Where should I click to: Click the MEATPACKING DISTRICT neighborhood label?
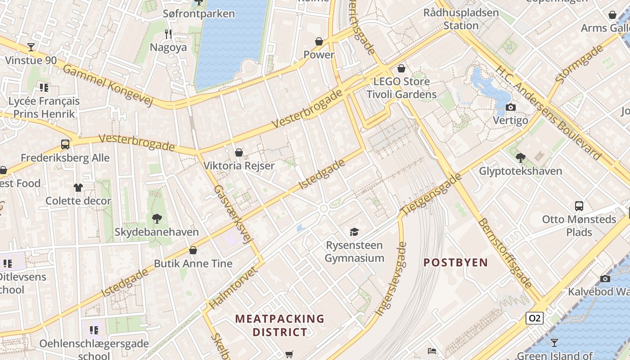(x=279, y=325)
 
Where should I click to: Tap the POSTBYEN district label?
(x=455, y=262)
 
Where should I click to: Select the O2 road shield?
(x=534, y=318)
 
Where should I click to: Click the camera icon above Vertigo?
(x=510, y=107)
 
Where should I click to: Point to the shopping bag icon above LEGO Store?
(x=401, y=68)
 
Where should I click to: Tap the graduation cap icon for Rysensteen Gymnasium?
(x=355, y=232)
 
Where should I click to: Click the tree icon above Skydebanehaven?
(x=157, y=219)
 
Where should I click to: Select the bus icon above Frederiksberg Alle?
(x=65, y=144)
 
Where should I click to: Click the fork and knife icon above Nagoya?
(x=168, y=34)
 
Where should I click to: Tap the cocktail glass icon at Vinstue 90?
(x=31, y=47)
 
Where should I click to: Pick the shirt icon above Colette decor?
(x=78, y=187)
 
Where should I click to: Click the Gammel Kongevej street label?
(x=108, y=85)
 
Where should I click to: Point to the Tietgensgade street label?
(x=432, y=193)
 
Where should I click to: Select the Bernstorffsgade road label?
(x=505, y=253)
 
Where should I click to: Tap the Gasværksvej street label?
(x=232, y=214)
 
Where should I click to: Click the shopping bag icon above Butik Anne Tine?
(x=193, y=250)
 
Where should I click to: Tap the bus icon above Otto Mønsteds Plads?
(x=579, y=206)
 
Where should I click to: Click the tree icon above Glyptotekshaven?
(x=521, y=157)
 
